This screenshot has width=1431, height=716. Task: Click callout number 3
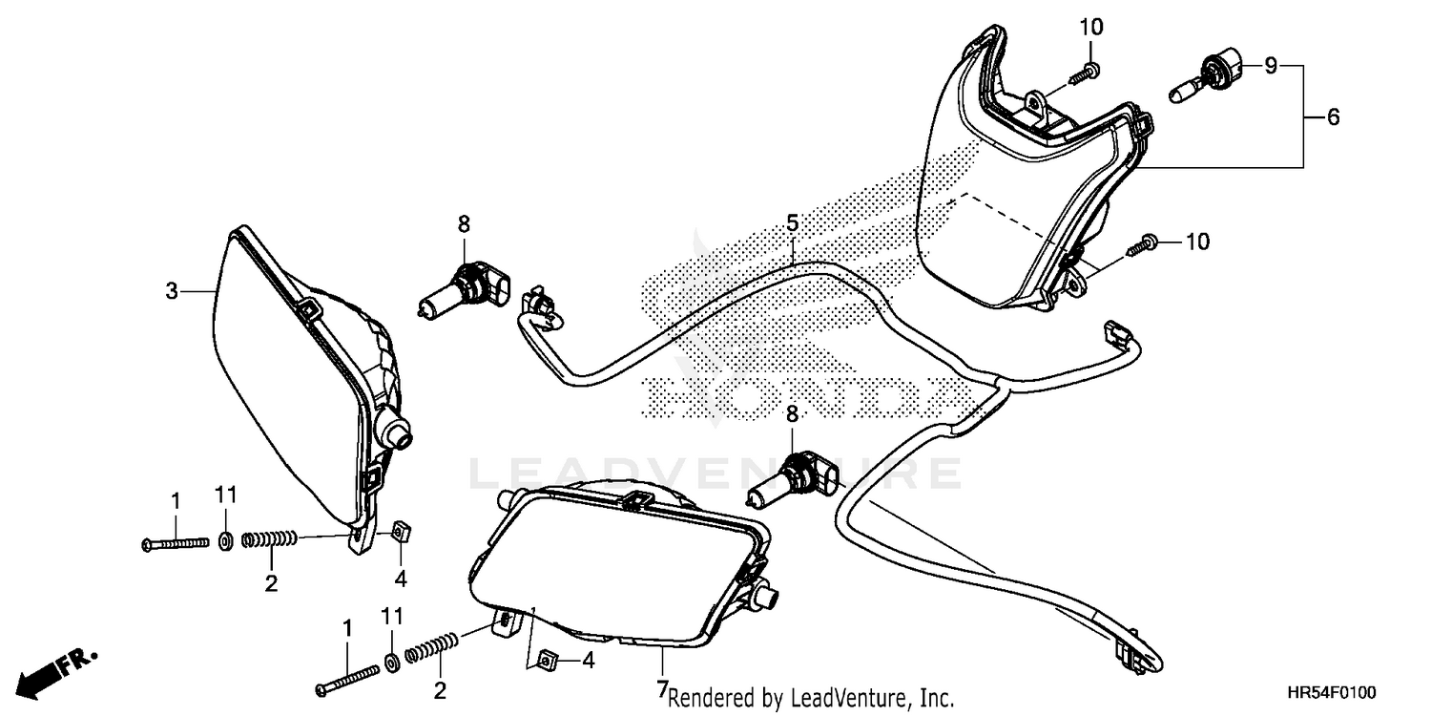pyautogui.click(x=172, y=290)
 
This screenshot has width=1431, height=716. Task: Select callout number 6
pyautogui.click(x=1333, y=117)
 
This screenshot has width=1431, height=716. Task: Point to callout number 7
pyautogui.click(x=662, y=687)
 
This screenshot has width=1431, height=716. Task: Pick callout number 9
pyautogui.click(x=1270, y=66)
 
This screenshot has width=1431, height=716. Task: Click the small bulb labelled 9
pyautogui.click(x=1204, y=78)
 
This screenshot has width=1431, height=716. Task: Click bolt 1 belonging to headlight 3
pyautogui.click(x=176, y=542)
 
